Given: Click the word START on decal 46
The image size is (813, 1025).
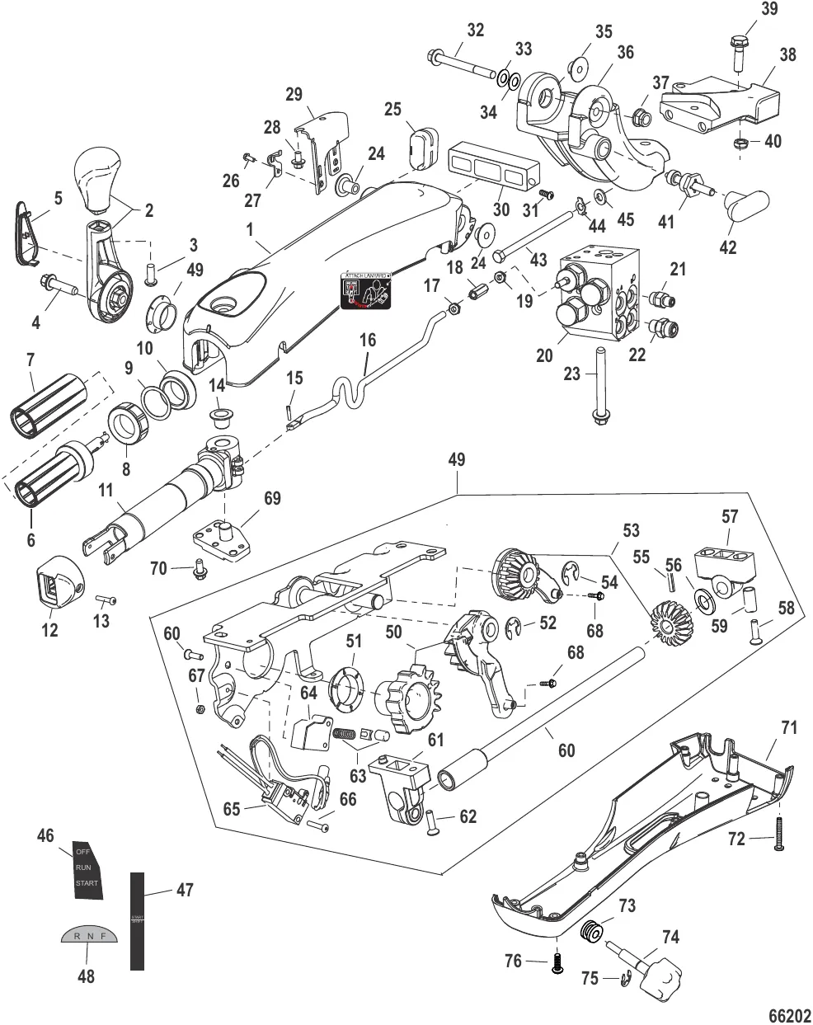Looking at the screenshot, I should tap(87, 883).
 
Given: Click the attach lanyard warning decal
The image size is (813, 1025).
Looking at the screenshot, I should tap(367, 292).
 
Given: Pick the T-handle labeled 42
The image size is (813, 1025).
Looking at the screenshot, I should tap(747, 202).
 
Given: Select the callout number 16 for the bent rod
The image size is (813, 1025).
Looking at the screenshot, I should tap(367, 339).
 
